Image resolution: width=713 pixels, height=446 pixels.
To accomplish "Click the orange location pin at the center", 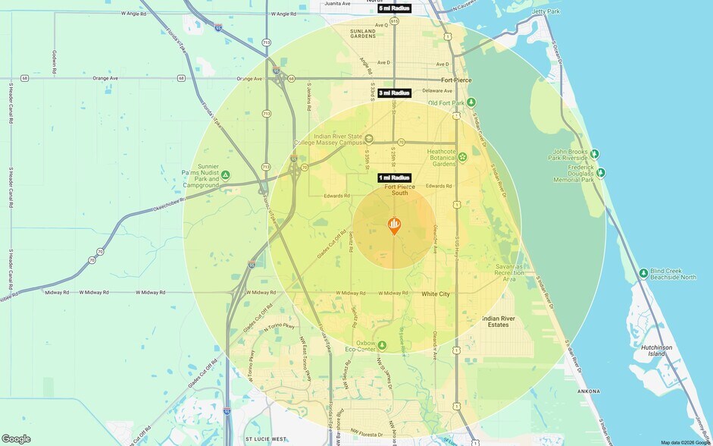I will pyautogui.click(x=394, y=225).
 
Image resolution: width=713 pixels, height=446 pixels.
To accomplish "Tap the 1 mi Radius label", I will pyautogui.click(x=394, y=177).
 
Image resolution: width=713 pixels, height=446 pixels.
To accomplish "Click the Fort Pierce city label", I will pyautogui.click(x=456, y=80).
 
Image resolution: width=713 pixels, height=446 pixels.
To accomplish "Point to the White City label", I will pyautogui.click(x=436, y=294).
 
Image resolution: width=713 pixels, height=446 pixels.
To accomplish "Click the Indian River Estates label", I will pyautogui.click(x=499, y=321).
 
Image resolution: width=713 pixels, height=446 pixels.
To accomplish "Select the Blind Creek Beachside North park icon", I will pyautogui.click(x=643, y=273).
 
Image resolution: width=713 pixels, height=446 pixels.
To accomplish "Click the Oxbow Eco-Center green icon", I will pyautogui.click(x=382, y=344).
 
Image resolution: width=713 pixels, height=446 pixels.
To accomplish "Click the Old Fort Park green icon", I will pyautogui.click(x=471, y=102).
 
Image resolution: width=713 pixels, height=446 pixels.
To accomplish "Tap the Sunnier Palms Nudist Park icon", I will pyautogui.click(x=225, y=175).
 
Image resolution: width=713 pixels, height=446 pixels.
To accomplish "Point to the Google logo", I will pyautogui.click(x=16, y=438).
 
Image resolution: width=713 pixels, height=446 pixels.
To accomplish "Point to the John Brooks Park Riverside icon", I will pyautogui.click(x=595, y=153).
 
